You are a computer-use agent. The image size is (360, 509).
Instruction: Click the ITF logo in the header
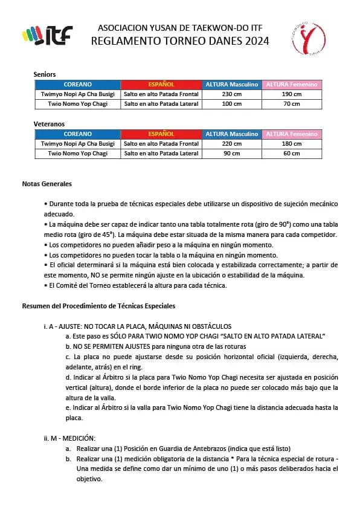click(x=47, y=36)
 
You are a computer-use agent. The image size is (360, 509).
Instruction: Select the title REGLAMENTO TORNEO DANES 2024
click(x=180, y=41)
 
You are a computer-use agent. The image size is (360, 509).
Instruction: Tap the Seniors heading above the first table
click(x=45, y=74)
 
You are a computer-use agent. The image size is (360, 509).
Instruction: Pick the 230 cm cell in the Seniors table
click(x=231, y=94)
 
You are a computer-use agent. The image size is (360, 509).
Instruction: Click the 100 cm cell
click(x=231, y=104)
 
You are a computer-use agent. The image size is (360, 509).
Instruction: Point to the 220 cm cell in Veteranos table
click(x=231, y=144)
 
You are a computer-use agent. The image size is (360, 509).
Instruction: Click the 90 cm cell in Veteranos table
click(x=231, y=154)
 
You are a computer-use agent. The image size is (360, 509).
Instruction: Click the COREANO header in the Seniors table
click(x=77, y=85)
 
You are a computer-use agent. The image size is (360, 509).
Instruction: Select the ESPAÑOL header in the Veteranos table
click(x=161, y=134)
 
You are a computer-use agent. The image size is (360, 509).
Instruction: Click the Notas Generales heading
click(x=47, y=183)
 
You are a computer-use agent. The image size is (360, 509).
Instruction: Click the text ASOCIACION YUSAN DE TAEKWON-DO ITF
click(x=180, y=28)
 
